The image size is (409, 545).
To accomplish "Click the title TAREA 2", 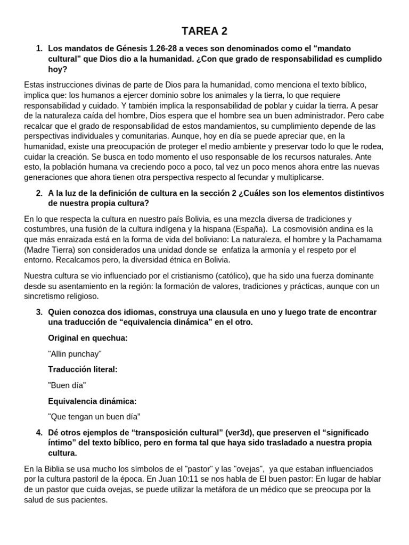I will pos(204,31).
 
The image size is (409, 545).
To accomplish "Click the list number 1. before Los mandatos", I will pos(39,48).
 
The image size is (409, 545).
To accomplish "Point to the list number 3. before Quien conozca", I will pos(39,312).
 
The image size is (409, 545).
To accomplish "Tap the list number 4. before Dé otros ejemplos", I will pos(39,433).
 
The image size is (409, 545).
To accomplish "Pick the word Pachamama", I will pos(356,239).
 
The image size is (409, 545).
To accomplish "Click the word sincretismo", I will pos(49,296).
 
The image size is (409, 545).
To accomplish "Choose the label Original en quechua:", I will pos(88,338).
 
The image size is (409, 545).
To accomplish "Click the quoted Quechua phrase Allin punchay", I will pos(75,353).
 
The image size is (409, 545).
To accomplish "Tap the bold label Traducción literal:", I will pos(83,369).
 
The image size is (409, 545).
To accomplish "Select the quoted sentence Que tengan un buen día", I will pos(94,416).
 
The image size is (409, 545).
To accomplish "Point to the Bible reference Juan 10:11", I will pos(173,479).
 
